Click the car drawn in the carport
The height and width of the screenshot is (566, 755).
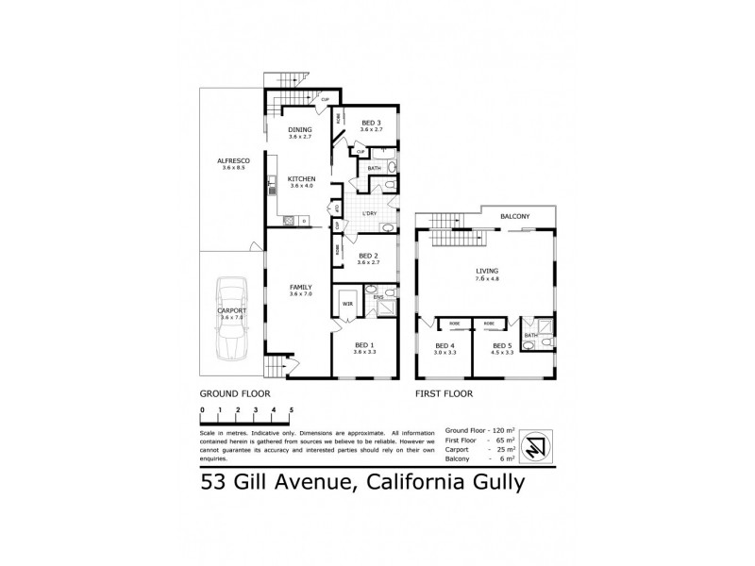pos(232,320)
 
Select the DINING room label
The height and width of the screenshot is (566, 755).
pos(300,130)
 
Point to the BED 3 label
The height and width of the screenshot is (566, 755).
pos(371,123)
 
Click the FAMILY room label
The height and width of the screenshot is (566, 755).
pos(300,287)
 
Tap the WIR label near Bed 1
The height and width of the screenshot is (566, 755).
pos(346,304)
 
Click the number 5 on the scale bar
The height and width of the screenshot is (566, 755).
pos(291,408)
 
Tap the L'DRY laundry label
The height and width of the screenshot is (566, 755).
pos(370,213)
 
